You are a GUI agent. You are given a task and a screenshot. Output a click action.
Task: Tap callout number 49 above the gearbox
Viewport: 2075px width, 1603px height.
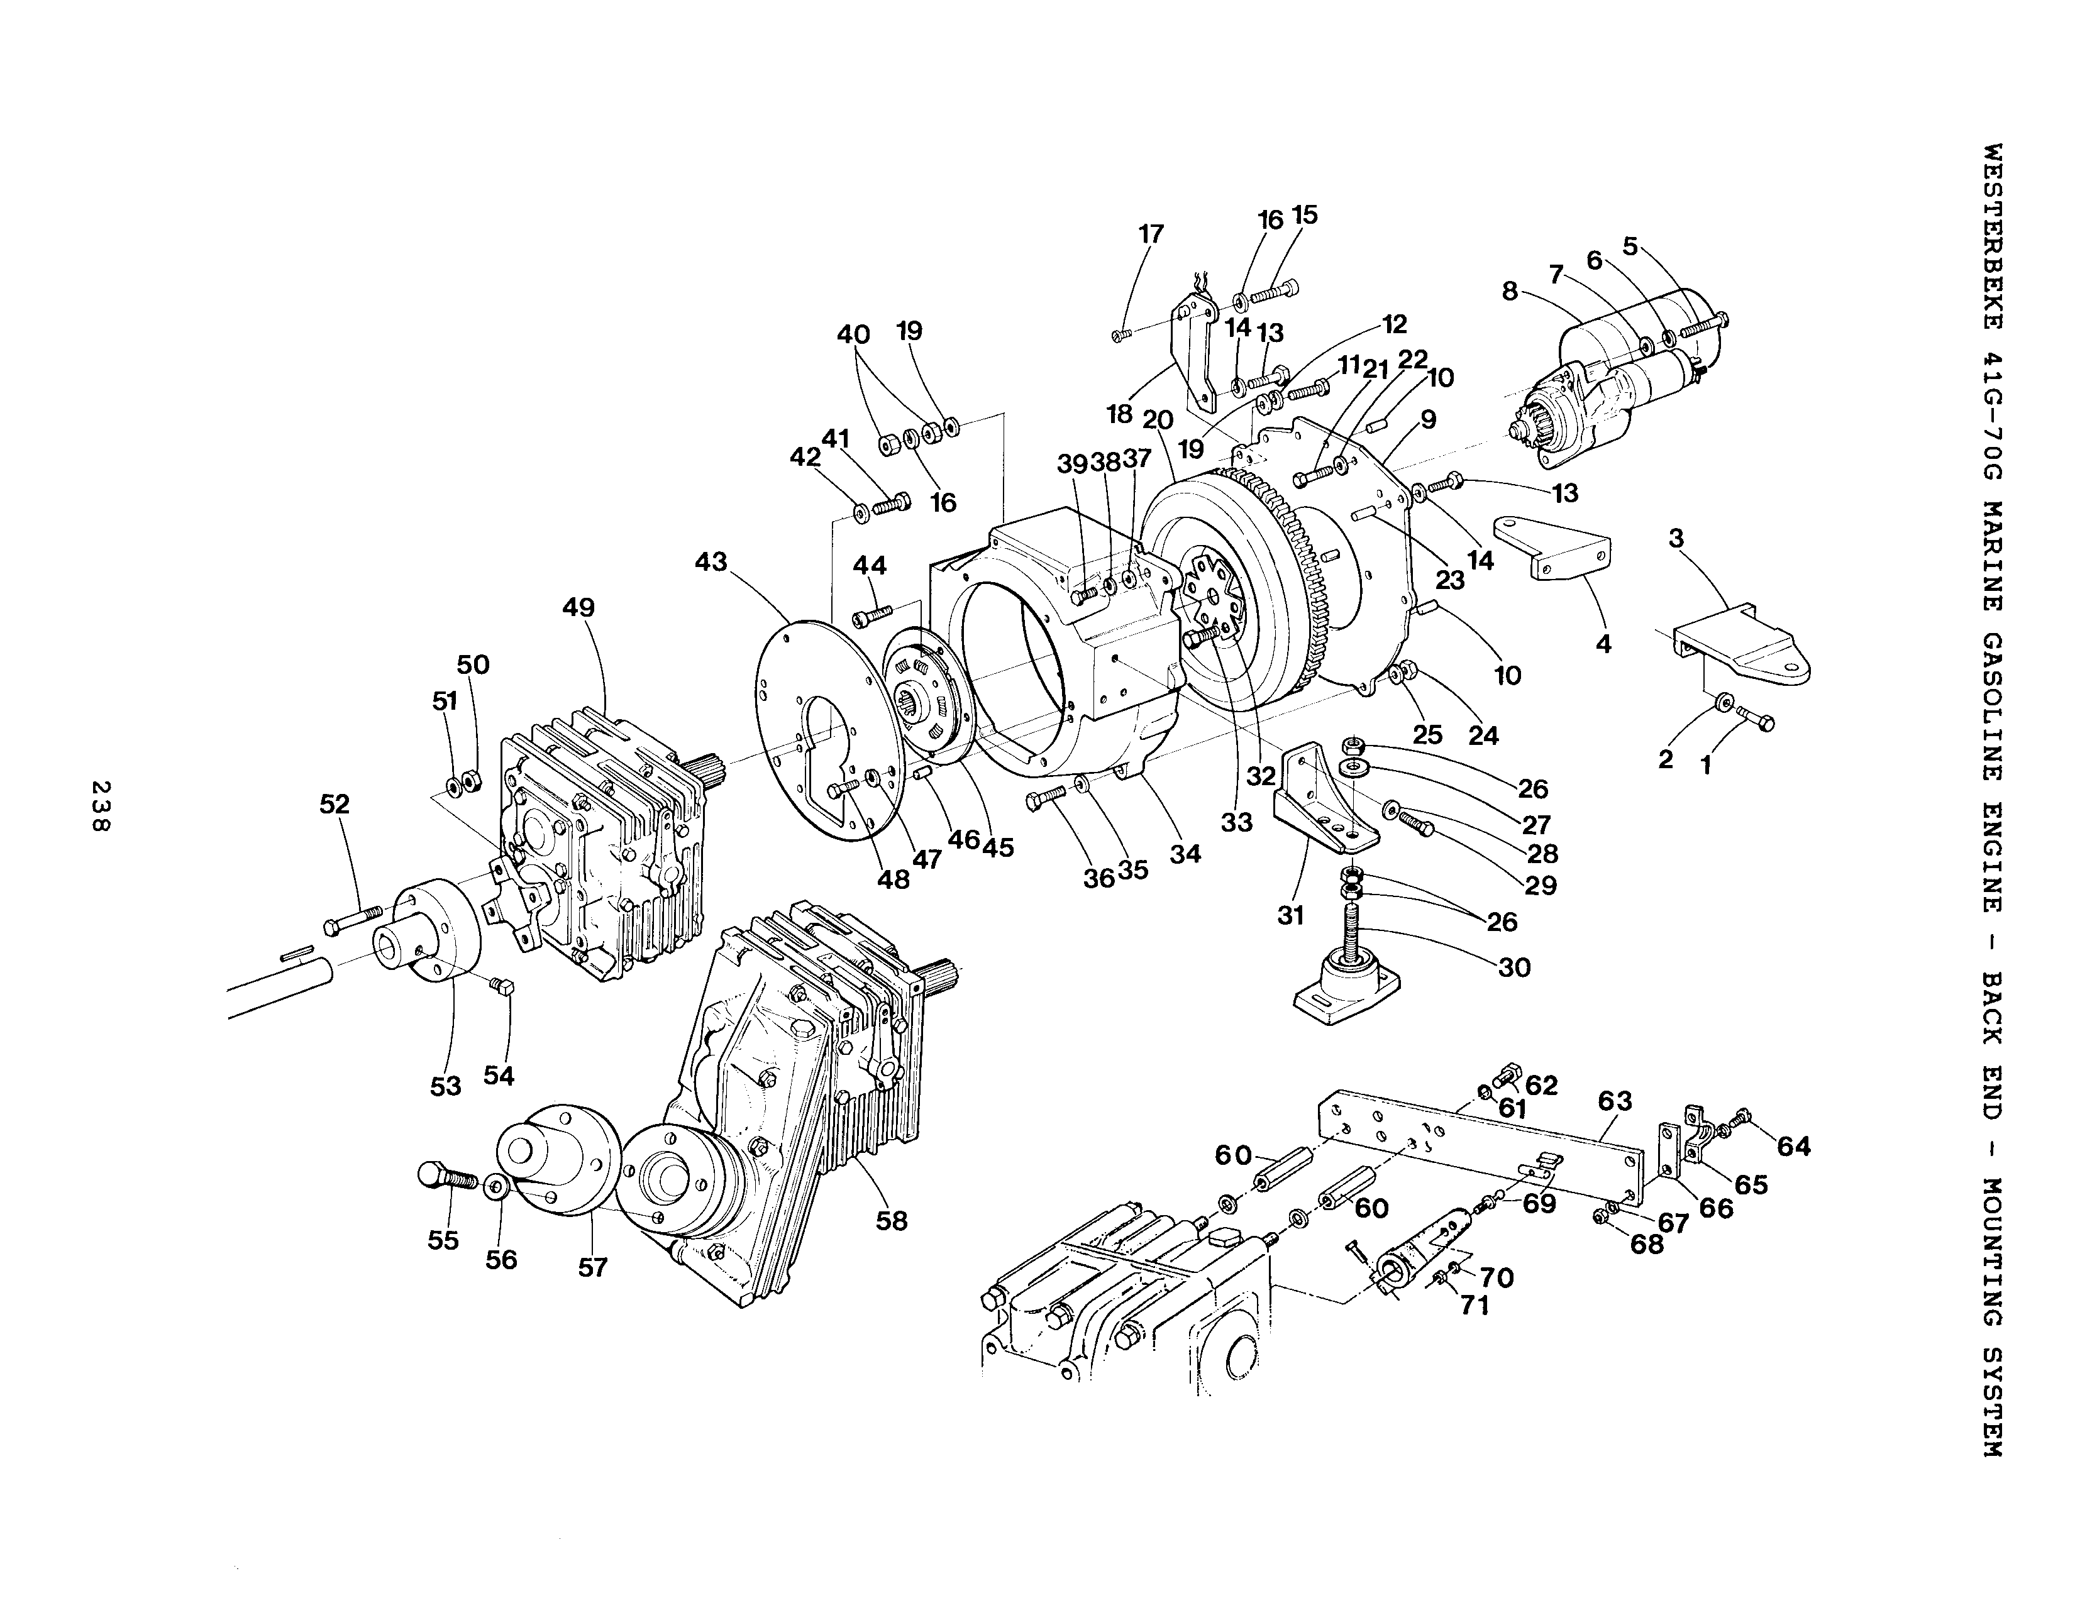pos(578,608)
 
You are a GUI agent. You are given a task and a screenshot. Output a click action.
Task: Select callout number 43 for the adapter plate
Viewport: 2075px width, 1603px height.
pos(711,562)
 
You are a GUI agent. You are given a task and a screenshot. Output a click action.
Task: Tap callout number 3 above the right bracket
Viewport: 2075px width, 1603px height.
pos(1676,539)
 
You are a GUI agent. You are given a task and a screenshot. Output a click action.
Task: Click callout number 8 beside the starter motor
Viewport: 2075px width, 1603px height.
pos(1510,292)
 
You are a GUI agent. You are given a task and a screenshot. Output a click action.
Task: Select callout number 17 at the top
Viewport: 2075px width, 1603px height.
pos(1151,234)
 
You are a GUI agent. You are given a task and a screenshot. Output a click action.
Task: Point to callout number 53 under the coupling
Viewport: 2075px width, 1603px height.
pos(446,1086)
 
